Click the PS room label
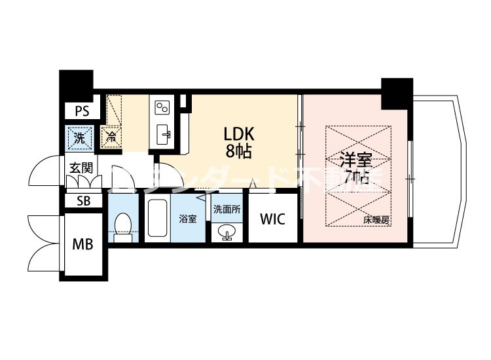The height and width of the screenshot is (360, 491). [82, 111]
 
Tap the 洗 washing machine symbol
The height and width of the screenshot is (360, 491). [79, 137]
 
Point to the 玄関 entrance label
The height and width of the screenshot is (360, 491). [81, 168]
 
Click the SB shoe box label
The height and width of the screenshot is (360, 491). [84, 200]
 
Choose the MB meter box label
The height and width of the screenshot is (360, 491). [82, 245]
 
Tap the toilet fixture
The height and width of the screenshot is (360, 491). [122, 224]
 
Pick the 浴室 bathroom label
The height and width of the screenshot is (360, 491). [188, 219]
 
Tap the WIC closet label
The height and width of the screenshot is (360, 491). [272, 219]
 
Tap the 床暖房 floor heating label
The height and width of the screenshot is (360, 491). [376, 221]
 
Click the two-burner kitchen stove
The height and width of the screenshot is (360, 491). [162, 107]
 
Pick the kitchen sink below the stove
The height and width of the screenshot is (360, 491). [164, 135]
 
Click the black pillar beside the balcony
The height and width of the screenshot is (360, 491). [397, 93]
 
